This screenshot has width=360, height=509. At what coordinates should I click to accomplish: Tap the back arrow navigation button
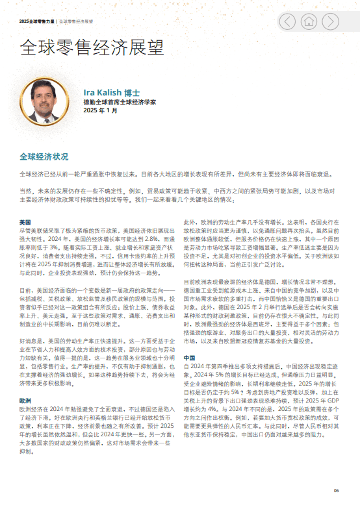click(x=287, y=21)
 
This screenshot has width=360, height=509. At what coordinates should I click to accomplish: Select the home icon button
click(x=310, y=21)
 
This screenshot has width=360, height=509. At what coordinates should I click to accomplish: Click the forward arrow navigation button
click(x=332, y=21)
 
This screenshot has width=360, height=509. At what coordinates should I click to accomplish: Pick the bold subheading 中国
click(x=189, y=358)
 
